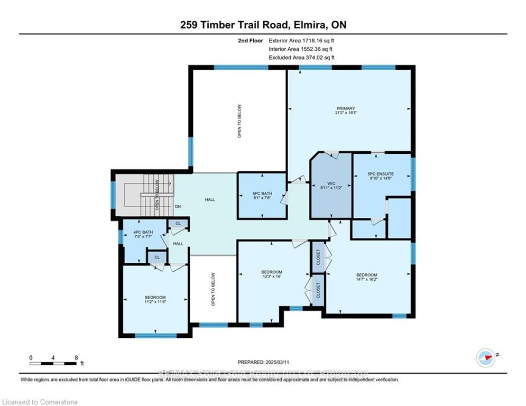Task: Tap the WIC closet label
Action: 331,183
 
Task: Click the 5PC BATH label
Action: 262,194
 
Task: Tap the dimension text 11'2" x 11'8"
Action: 155,302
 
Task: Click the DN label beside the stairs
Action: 179,207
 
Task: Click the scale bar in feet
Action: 53,363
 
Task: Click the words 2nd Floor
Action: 252,40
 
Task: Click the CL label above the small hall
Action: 178,224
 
